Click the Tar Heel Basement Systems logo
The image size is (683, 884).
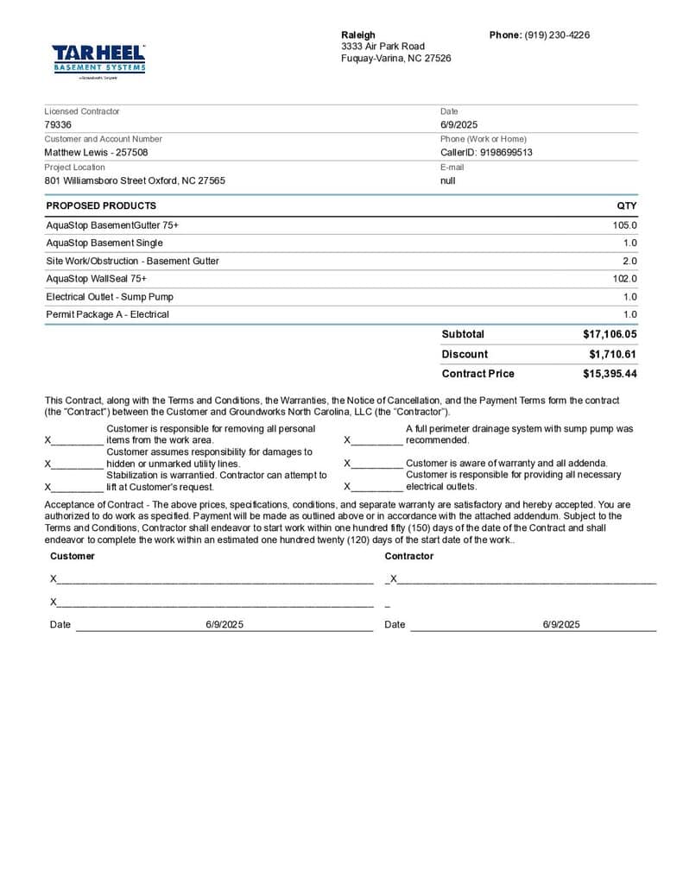98,60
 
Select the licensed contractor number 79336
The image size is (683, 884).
58,124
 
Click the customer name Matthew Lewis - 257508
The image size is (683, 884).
96,152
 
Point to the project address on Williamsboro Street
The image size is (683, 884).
135,180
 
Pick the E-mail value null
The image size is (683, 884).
447,180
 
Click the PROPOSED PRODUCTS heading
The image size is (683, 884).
101,205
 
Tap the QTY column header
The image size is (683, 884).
627,205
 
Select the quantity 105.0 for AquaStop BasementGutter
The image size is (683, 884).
624,224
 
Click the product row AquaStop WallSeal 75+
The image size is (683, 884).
96,279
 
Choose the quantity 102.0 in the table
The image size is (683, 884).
624,279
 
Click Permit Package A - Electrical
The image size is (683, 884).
107,314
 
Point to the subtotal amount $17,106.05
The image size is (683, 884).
610,334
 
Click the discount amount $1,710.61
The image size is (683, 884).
612,354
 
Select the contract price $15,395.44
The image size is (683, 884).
610,374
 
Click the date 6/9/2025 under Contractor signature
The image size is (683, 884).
561,624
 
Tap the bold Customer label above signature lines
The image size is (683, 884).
73,556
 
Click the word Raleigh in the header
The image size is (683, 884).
358,35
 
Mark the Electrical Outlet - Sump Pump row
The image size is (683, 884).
110,297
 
